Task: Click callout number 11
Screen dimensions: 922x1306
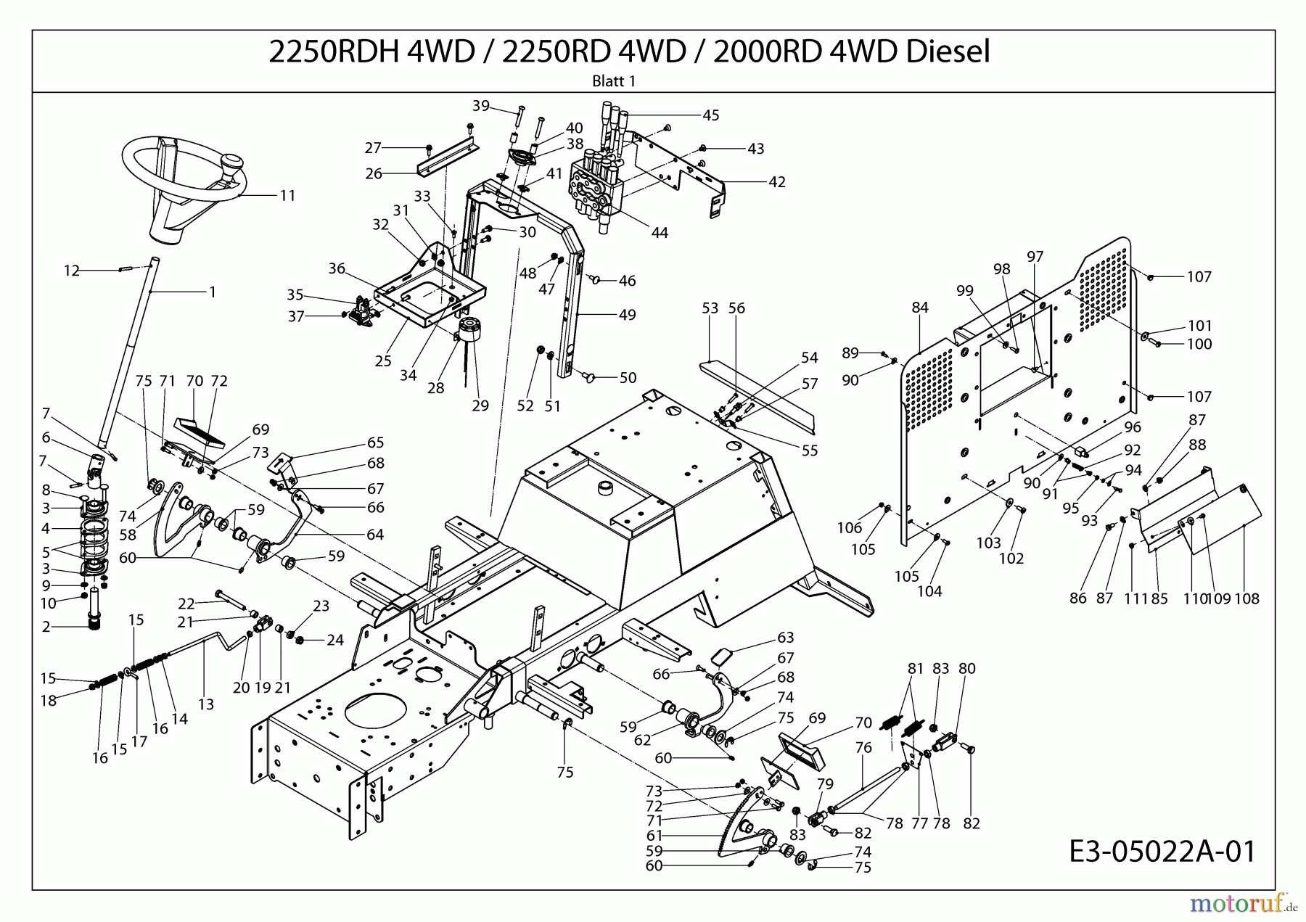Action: pos(287,196)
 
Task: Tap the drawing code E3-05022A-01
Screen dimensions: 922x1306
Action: pos(1162,852)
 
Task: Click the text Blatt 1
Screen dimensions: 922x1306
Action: pos(614,81)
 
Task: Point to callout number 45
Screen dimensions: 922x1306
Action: pos(710,115)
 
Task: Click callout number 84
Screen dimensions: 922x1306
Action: pos(920,308)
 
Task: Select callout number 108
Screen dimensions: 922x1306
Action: pos(1247,598)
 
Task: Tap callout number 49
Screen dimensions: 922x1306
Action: pos(627,315)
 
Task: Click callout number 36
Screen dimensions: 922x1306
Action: pos(337,268)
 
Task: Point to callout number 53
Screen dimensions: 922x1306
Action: pos(710,308)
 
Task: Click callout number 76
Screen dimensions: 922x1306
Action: pos(863,748)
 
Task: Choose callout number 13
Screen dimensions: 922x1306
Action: pos(206,704)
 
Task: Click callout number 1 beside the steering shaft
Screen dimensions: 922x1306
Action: pos(213,292)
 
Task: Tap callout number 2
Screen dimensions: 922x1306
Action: pos(46,627)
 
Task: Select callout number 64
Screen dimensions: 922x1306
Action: pos(375,535)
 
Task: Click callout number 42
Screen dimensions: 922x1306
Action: pos(776,182)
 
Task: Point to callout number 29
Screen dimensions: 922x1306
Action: pos(480,406)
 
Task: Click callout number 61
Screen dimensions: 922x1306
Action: pos(654,836)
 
